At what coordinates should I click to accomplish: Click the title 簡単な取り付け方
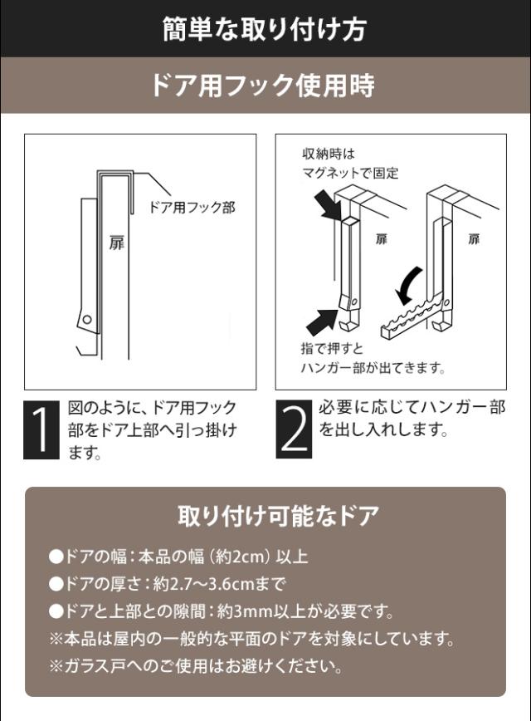click(x=264, y=28)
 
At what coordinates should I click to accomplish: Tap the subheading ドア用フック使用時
click(x=263, y=86)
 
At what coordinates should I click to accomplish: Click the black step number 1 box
click(x=41, y=429)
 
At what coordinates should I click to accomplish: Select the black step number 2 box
click(x=294, y=429)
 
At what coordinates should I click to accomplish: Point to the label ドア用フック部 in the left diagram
click(x=192, y=208)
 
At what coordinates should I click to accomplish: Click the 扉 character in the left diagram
click(x=116, y=243)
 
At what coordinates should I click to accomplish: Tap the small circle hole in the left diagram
click(x=87, y=319)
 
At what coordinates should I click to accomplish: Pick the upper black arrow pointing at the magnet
click(x=329, y=205)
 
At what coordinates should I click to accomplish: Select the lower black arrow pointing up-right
click(x=323, y=321)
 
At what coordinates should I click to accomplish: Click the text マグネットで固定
click(x=350, y=174)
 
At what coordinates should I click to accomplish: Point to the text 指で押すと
click(x=332, y=348)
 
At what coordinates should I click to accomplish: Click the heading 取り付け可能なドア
click(x=279, y=516)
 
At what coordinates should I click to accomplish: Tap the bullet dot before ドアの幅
click(x=56, y=557)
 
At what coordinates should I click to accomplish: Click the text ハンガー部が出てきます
click(x=373, y=368)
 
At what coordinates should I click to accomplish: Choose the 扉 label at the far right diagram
click(x=474, y=239)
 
